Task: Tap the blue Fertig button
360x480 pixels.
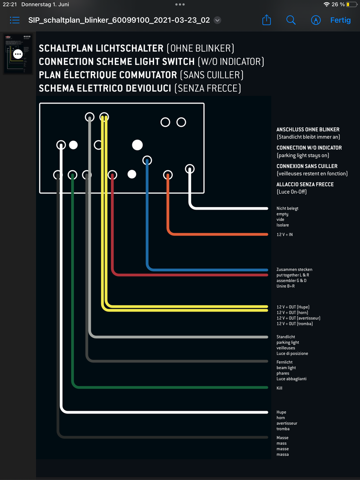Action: point(340,20)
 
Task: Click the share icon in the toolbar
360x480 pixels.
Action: point(266,20)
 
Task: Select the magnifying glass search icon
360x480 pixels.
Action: point(291,20)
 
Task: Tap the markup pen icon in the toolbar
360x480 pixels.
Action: point(316,20)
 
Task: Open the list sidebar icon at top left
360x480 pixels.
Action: point(15,20)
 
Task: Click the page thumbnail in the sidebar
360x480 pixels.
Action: point(18,54)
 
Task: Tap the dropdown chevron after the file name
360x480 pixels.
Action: point(217,20)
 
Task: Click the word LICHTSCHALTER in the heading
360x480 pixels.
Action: point(130,48)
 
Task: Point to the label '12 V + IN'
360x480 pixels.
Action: point(284,234)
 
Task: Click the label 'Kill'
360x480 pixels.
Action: point(279,388)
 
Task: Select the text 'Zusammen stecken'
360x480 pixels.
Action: point(294,270)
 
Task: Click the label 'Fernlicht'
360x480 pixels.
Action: point(284,362)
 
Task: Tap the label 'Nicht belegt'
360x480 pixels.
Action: point(287,208)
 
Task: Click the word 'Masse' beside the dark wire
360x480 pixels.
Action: point(282,438)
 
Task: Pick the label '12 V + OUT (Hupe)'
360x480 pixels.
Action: point(293,307)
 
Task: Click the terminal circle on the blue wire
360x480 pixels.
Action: point(147,160)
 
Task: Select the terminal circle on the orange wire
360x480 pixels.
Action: point(168,175)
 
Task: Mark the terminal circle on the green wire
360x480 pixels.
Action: point(72,175)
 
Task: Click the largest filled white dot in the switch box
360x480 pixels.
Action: point(137,145)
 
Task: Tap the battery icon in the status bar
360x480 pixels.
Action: point(351,4)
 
